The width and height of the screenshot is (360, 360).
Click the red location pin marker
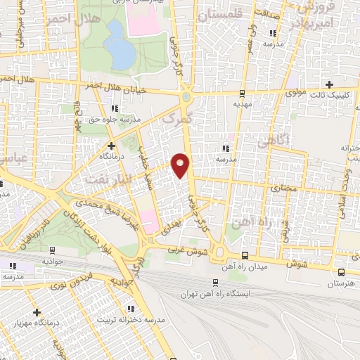pyautogui.click(x=181, y=165)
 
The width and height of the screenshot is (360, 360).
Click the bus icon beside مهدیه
pyautogui.click(x=243, y=92)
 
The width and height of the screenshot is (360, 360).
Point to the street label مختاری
pyautogui.click(x=285, y=189)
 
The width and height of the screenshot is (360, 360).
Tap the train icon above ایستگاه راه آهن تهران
pyautogui.click(x=214, y=282)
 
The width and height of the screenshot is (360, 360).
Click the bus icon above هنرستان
pyautogui.click(x=341, y=272)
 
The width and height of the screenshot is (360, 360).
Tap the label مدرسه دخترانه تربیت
pyautogui.click(x=153, y=320)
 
